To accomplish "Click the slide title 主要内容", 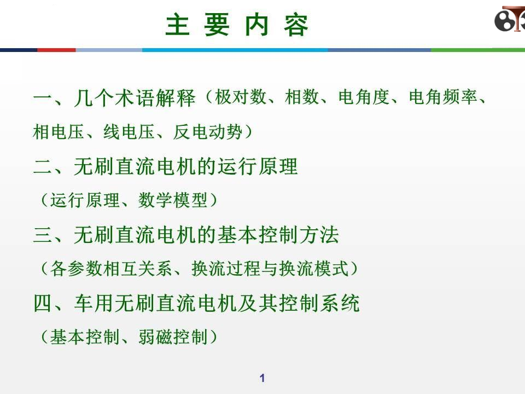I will coord(237,26).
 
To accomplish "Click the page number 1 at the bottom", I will coord(262,378).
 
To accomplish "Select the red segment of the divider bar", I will coord(56,50).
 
